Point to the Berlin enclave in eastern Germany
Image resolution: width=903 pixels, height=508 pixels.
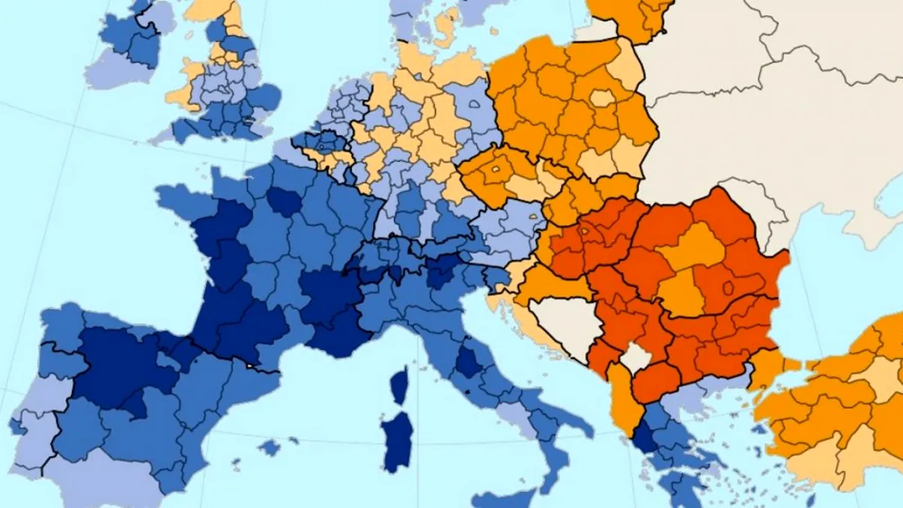click(476, 107)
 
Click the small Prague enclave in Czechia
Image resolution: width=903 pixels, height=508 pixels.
click(496, 170)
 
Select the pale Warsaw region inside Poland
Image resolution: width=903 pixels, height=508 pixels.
click(601, 98)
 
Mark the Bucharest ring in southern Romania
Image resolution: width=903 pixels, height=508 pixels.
click(727, 287)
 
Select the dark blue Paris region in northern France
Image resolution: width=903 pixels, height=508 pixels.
click(282, 200)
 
